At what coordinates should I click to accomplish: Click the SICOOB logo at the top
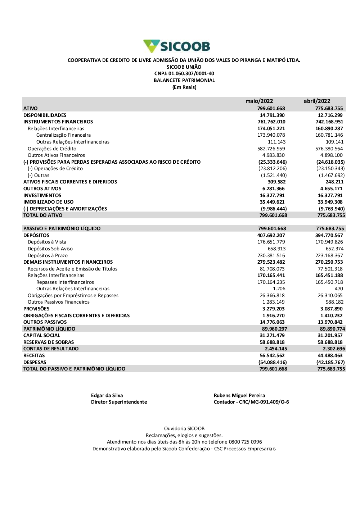[177, 46]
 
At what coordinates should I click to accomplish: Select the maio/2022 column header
[259, 101]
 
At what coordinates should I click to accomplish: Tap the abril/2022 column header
[317, 101]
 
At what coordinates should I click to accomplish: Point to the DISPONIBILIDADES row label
[45, 115]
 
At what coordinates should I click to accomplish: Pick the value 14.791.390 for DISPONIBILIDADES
[272, 115]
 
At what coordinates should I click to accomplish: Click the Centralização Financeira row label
[63, 135]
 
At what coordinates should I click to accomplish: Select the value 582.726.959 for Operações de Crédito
[271, 149]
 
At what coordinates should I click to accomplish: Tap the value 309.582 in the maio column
[276, 182]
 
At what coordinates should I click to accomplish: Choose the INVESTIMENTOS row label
[42, 195]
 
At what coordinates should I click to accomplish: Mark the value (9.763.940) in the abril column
[332, 209]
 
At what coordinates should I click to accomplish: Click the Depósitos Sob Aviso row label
[50, 249]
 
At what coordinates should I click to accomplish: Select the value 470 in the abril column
[339, 288]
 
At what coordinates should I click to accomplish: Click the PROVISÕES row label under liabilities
[36, 309]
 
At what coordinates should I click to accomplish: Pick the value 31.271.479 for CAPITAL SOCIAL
[272, 335]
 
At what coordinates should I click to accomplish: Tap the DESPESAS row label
[35, 362]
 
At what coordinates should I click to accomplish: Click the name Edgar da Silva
[107, 395]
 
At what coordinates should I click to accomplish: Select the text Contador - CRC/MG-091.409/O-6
[251, 402]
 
